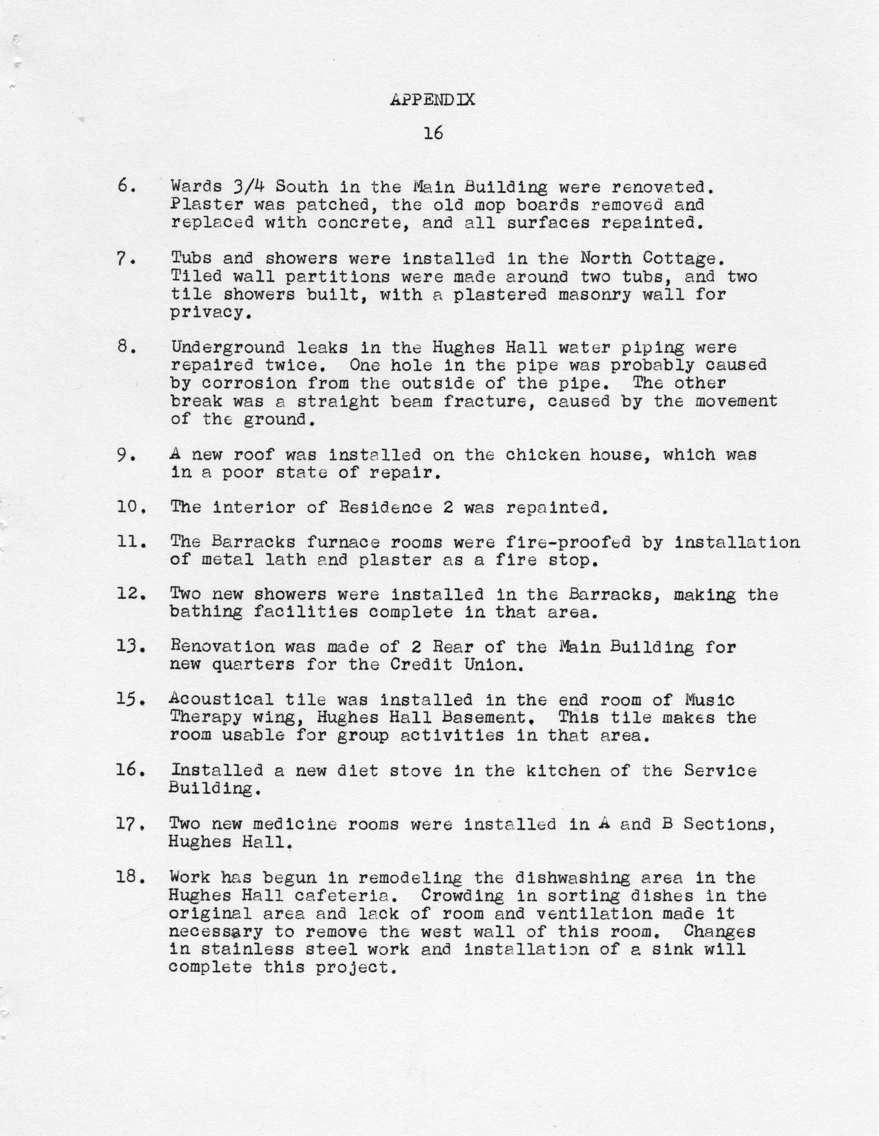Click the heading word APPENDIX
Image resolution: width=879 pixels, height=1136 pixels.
click(432, 100)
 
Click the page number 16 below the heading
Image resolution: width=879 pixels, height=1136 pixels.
click(433, 134)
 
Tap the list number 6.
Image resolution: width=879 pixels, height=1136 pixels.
click(126, 186)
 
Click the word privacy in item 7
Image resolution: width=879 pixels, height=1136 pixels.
click(207, 313)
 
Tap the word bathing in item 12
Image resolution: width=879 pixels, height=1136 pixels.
click(206, 612)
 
